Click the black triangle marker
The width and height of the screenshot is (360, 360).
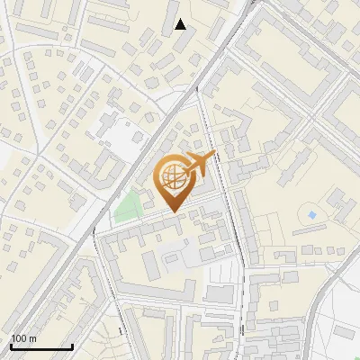[x=181, y=24]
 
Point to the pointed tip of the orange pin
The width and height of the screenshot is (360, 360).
[x=172, y=211]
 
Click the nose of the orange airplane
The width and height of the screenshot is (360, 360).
[x=213, y=156]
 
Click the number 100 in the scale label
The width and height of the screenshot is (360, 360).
[x=18, y=338]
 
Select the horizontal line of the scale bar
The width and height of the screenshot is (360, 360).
[x=41, y=346]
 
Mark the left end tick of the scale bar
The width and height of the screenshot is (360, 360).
[x=11, y=345]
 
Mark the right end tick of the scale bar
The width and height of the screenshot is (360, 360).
[x=72, y=345]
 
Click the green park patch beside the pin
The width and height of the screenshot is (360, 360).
[x=128, y=206]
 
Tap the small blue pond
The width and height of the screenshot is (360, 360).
[x=312, y=216]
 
